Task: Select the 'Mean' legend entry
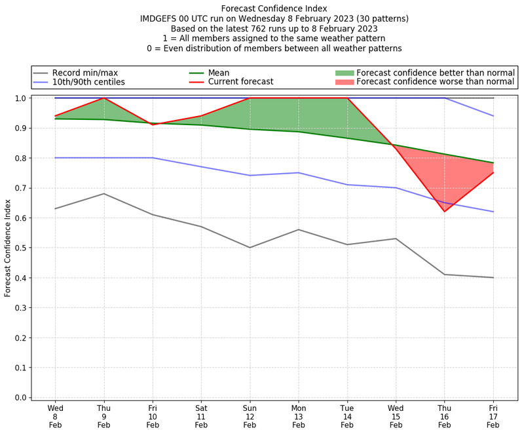[x=219, y=73]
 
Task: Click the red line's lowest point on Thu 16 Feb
[x=445, y=212]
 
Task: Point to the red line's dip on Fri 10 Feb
[x=153, y=125]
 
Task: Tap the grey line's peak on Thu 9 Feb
[x=103, y=193]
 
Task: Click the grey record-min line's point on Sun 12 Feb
[x=250, y=248]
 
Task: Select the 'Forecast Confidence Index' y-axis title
[x=8, y=248]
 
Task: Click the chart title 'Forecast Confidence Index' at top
[x=274, y=9]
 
